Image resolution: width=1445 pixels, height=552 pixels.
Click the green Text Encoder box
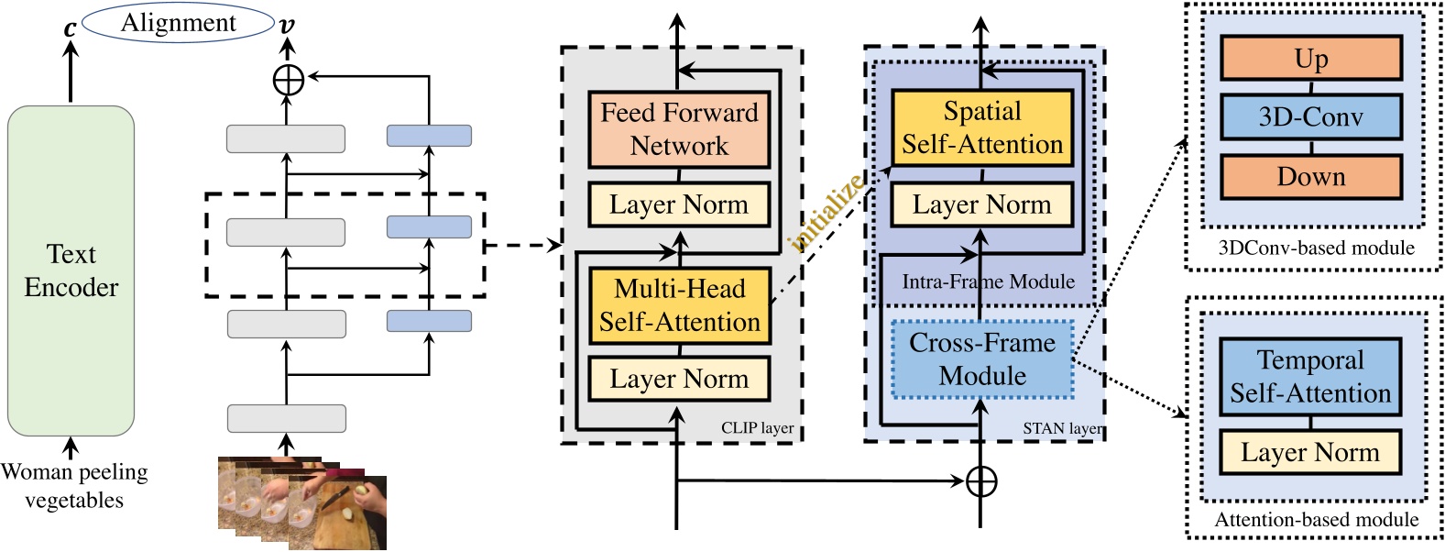(71, 270)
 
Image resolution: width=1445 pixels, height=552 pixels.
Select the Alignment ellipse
(178, 23)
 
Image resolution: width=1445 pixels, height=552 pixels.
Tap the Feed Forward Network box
(679, 129)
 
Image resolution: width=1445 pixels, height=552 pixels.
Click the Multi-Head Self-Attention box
(679, 305)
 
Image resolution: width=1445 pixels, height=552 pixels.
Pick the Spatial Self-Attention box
(981, 127)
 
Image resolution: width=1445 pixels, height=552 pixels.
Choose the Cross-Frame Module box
(981, 359)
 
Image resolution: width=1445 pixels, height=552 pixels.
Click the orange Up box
(1310, 59)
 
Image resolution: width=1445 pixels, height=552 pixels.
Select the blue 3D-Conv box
(1310, 117)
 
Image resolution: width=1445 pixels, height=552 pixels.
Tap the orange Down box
(1310, 177)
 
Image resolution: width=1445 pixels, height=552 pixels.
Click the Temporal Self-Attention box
(1310, 377)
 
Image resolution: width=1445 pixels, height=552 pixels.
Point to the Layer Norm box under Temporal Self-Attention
(1310, 452)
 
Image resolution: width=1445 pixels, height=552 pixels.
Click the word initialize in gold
(826, 213)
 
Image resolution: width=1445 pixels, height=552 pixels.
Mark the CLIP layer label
(757, 428)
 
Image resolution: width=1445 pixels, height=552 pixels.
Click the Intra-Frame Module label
(988, 282)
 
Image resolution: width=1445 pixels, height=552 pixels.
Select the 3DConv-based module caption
(1316, 248)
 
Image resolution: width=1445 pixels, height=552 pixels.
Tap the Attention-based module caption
(1316, 520)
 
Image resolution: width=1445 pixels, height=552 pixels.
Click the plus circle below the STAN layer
(981, 480)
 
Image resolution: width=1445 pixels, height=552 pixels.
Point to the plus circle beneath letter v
(289, 80)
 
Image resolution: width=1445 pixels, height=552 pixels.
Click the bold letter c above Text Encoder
(70, 28)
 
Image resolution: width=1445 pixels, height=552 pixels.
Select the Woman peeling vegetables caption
(74, 486)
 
